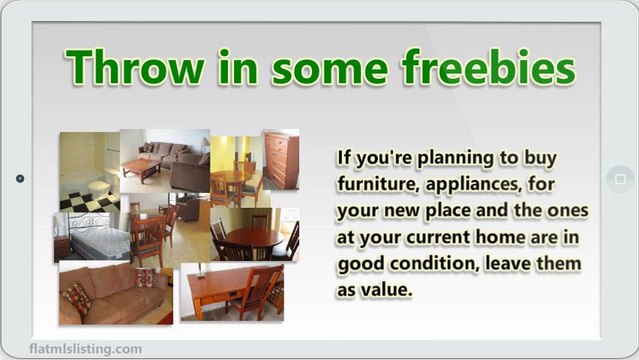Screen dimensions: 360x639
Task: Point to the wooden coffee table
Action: click(x=145, y=169)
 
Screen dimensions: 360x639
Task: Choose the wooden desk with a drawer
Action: click(x=224, y=290)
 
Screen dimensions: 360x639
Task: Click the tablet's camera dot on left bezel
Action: click(x=19, y=180)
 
